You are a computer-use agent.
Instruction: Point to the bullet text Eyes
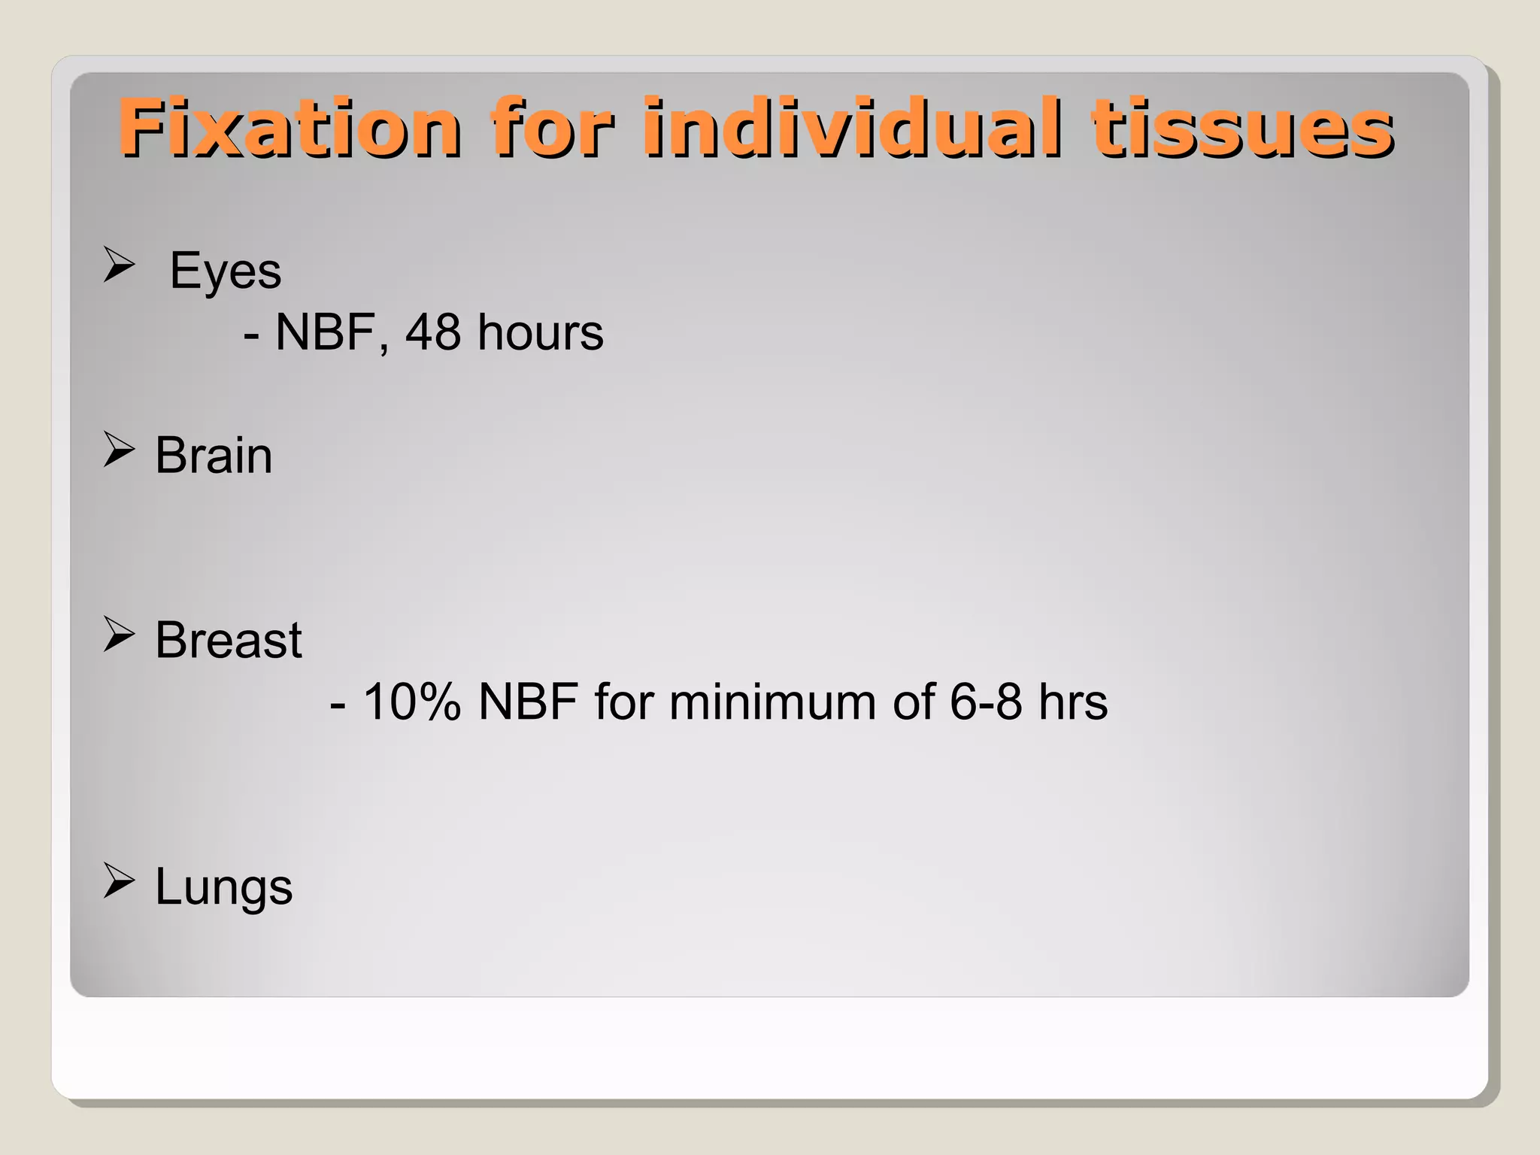[x=225, y=271]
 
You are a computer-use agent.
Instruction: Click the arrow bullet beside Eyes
[x=119, y=265]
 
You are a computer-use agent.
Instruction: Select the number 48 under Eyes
[x=433, y=332]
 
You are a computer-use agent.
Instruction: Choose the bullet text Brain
[x=214, y=456]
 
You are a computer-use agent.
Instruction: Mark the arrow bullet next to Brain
[x=119, y=450]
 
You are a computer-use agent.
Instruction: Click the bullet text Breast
[x=229, y=641]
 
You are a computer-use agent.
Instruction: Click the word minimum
[x=772, y=702]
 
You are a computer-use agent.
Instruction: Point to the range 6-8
[x=985, y=702]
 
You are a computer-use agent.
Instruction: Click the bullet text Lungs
[x=223, y=887]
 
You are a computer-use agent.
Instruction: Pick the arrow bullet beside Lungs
[x=119, y=881]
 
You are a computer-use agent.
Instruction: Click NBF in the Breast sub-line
[x=528, y=702]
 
